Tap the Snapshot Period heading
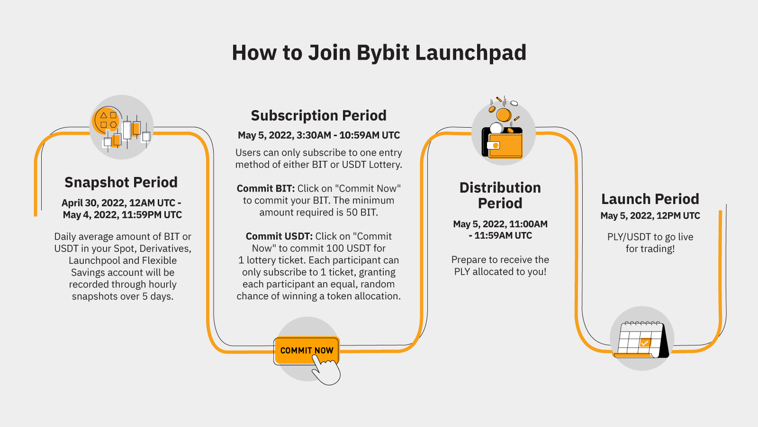(121, 182)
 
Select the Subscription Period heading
(318, 115)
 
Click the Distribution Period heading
(500, 195)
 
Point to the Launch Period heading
(650, 199)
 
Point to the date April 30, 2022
(93, 203)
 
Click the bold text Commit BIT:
(265, 189)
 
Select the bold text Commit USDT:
(279, 236)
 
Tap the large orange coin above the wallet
(503, 114)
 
